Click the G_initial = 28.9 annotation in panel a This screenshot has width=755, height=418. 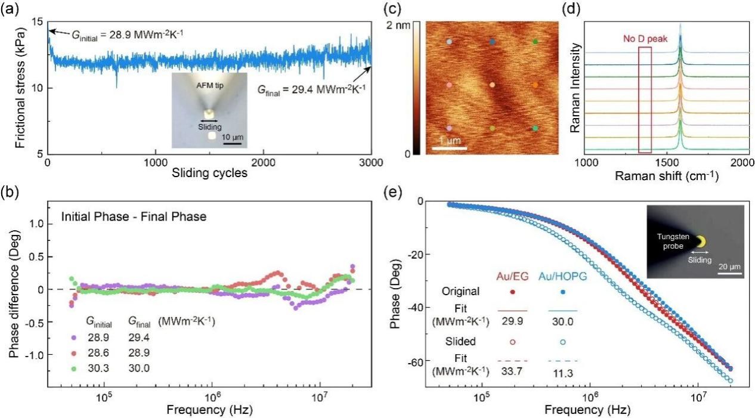click(x=128, y=34)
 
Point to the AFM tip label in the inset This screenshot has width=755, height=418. click(x=210, y=86)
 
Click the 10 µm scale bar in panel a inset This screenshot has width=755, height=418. click(x=233, y=144)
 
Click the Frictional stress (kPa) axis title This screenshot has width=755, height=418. click(x=21, y=88)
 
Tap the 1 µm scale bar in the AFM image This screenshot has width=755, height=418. click(x=449, y=148)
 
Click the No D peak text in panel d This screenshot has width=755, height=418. click(x=645, y=39)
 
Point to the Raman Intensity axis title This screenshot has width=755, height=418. click(x=575, y=88)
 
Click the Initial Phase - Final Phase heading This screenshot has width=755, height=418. click(x=134, y=216)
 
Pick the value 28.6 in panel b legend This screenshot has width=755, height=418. click(x=98, y=352)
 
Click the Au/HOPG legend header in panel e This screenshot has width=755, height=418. click(x=563, y=277)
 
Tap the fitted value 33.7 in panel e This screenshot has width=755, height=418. click(x=512, y=371)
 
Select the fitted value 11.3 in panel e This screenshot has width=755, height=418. click(x=562, y=373)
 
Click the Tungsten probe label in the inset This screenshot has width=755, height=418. click(x=673, y=241)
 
